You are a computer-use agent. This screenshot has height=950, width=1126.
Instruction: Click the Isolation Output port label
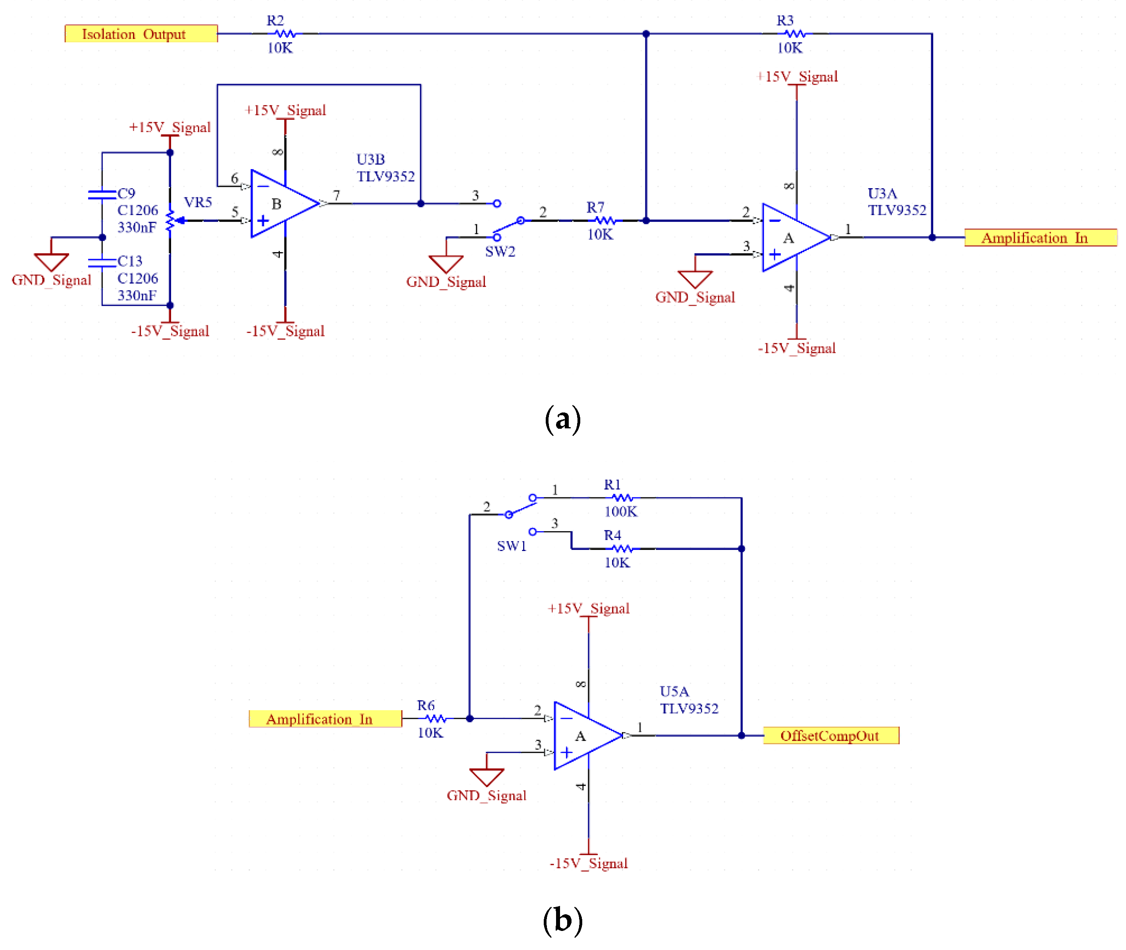point(141,33)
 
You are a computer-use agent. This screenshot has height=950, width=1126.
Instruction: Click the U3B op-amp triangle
point(283,204)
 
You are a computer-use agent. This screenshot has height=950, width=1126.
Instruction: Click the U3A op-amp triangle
point(794,237)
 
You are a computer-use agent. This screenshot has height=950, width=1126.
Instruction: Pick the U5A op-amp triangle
point(586,735)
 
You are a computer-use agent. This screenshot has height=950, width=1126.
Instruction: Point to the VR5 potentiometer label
point(198,202)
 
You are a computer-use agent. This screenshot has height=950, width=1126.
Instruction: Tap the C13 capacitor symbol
point(102,262)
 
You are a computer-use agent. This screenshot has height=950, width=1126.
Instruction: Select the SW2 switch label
point(500,252)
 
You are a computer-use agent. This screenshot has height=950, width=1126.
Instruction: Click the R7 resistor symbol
point(605,220)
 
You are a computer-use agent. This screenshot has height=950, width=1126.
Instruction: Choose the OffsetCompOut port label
point(830,735)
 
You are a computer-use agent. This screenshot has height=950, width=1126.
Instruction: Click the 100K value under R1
point(620,512)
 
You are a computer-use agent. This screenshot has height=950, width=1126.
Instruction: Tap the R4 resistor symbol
point(622,548)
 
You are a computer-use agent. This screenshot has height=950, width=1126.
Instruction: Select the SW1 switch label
point(511,546)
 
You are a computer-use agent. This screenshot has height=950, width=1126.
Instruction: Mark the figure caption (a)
point(563,418)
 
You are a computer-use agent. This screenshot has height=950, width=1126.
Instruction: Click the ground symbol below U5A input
point(486,776)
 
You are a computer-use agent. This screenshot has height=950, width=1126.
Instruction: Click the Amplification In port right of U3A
point(1040,237)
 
